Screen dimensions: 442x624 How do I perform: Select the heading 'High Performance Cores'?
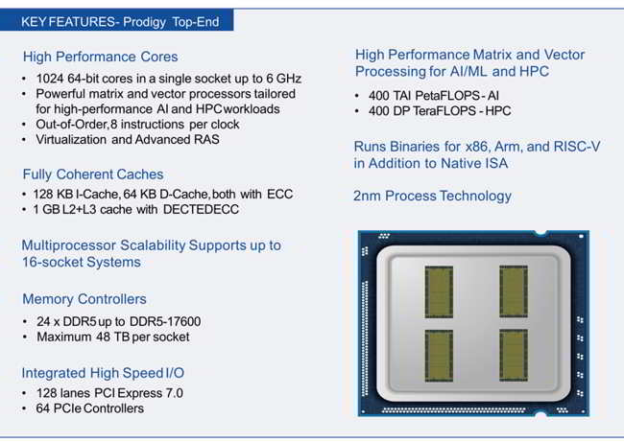coord(100,57)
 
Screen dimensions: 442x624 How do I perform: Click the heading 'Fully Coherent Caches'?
coord(93,174)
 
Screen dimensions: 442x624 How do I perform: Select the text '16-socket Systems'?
coord(81,262)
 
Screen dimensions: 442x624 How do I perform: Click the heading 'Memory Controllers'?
coord(84,299)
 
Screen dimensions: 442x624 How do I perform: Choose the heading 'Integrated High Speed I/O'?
coord(105,372)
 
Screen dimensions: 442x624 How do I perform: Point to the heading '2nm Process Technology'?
coord(433,196)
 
